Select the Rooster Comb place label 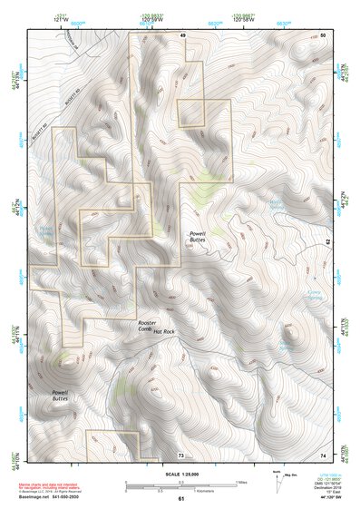(x=149, y=324)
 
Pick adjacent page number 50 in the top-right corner (x=324, y=34)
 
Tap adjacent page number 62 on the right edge (x=328, y=243)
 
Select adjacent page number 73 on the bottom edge (x=181, y=454)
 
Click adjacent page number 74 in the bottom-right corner (x=324, y=454)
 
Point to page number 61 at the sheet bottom (x=181, y=498)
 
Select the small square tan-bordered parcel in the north (x=190, y=113)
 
